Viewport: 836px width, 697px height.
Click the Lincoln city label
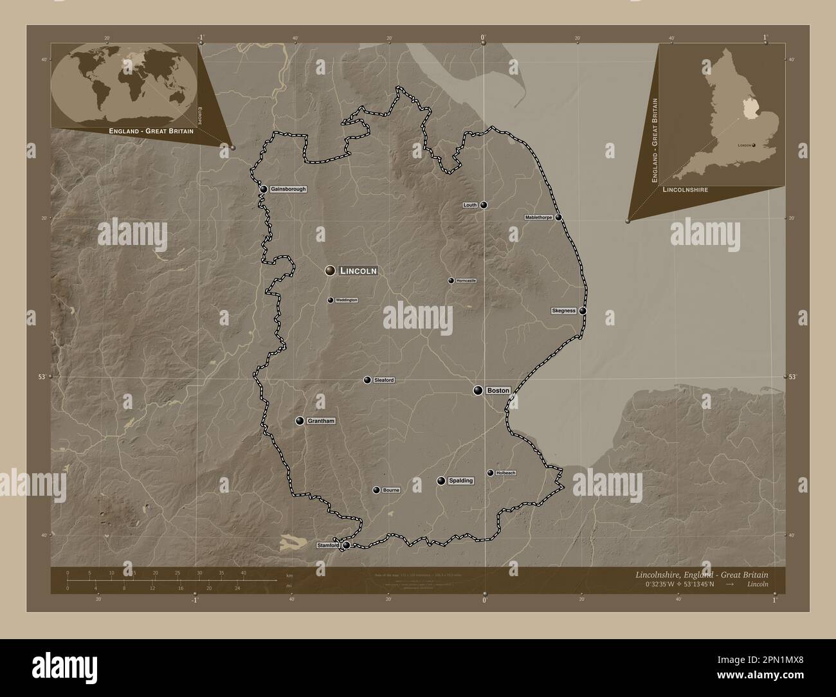click(358, 271)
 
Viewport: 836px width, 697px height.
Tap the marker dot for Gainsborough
click(264, 189)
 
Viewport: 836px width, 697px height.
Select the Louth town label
click(470, 205)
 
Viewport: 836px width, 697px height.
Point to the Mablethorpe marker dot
click(559, 217)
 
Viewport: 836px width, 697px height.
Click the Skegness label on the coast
click(563, 311)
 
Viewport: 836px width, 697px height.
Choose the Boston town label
click(498, 390)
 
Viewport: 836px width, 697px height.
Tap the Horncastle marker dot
click(451, 280)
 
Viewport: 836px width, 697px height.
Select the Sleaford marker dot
click(367, 380)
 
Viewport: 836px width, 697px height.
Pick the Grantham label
click(322, 421)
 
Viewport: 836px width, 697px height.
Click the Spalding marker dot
click(441, 481)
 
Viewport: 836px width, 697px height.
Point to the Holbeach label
click(506, 473)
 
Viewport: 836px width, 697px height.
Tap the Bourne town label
click(391, 490)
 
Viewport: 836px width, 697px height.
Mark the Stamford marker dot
click(347, 545)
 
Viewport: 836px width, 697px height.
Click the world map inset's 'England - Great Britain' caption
click(152, 130)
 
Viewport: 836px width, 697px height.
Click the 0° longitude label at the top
click(484, 37)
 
